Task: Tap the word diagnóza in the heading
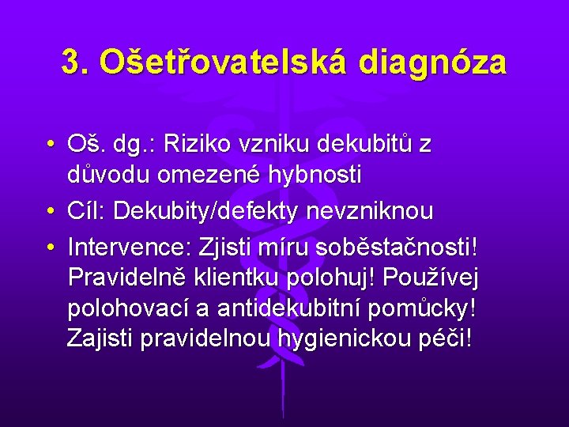pos(431,62)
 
